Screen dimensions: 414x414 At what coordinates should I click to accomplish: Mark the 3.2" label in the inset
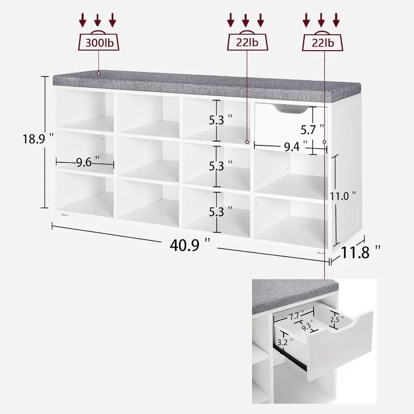click(284, 342)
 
